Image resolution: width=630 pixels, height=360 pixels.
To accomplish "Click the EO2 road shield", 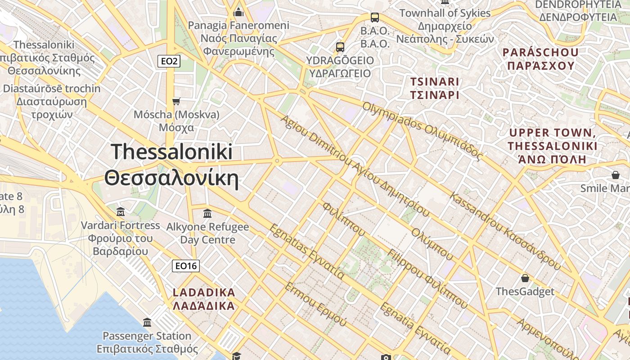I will pos(169,61).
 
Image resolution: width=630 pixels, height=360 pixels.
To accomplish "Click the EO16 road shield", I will pos(185,266).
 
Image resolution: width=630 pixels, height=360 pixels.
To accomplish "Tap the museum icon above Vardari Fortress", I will pos(120,211).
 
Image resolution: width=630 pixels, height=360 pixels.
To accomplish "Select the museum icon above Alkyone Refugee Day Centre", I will pos(207,213).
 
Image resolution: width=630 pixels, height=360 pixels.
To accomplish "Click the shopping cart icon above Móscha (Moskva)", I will pos(176,101).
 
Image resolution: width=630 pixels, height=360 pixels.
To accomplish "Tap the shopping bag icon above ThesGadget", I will pos(525,278).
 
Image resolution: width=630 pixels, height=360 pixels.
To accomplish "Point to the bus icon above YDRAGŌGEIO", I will pos(340,47).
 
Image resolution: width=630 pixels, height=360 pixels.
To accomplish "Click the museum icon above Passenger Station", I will pos(147,322).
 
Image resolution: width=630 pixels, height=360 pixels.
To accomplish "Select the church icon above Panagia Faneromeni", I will pos(238,12).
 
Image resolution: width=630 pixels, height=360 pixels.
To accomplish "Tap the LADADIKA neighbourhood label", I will pos(204,292).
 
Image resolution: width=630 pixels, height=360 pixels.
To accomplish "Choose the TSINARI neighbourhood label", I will pos(434,82).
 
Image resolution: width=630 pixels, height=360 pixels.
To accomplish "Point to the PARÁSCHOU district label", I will pos(540,52).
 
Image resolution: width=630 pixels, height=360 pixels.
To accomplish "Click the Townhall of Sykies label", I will pos(445,13).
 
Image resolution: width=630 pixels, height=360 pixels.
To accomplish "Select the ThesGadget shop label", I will pos(525,292).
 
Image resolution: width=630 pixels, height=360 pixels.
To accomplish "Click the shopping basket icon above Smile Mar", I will pos(615,175).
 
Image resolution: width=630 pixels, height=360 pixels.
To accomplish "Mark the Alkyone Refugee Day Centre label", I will pos(207,233).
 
